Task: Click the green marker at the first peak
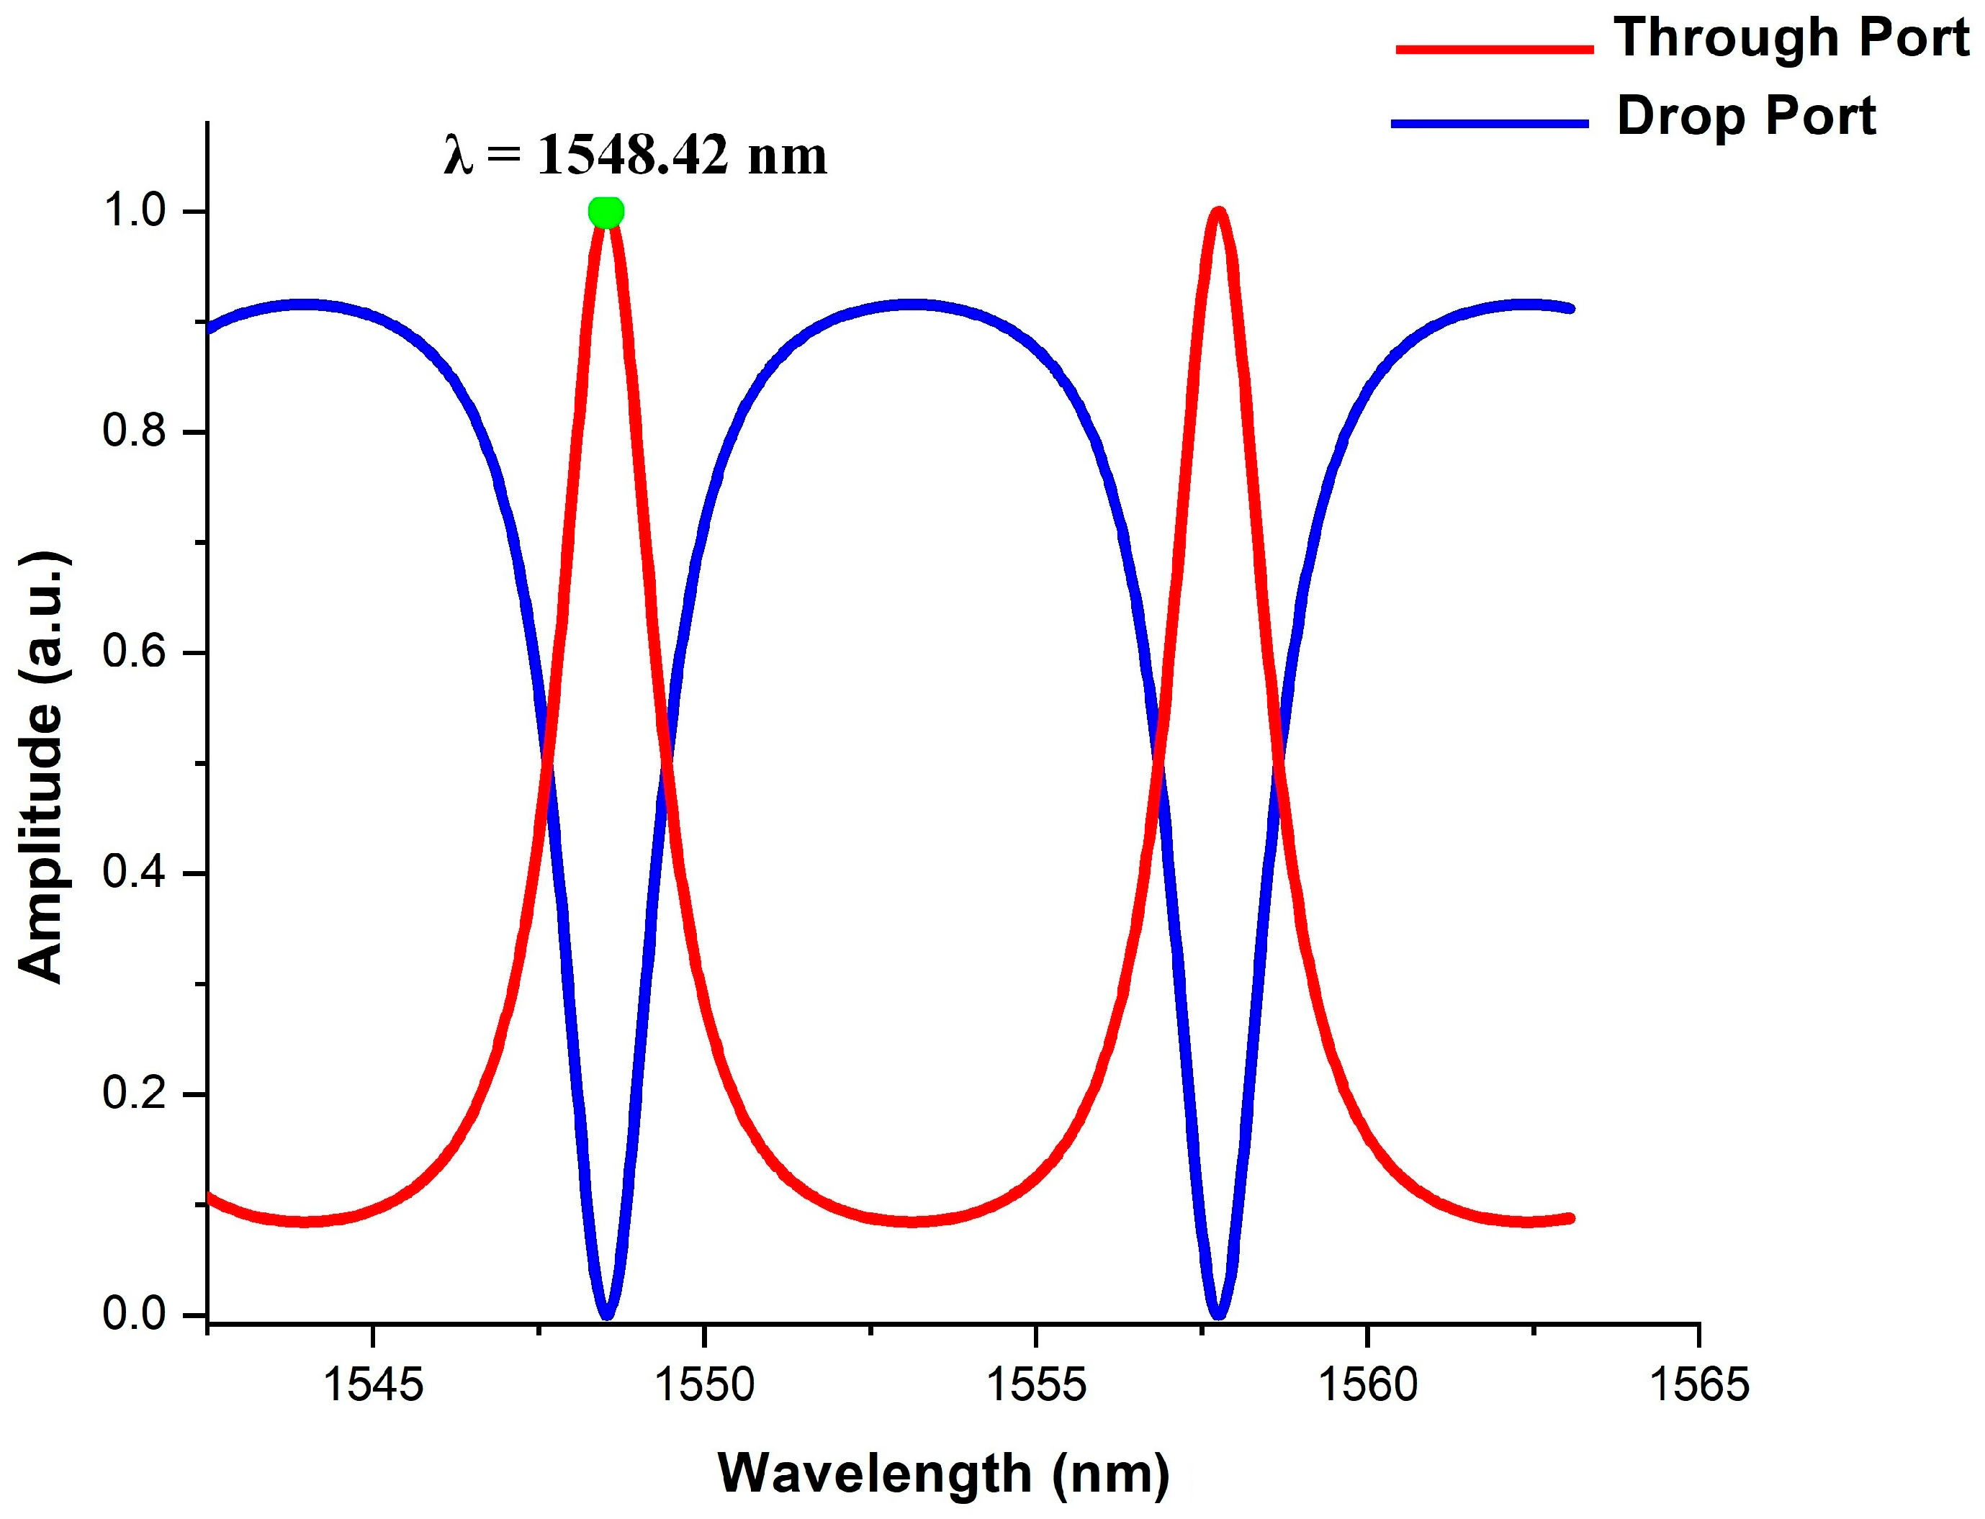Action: tap(606, 212)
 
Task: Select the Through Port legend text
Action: tap(1791, 38)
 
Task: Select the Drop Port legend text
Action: tap(1746, 117)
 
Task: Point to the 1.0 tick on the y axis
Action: tap(135, 212)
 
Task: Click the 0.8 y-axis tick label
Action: tap(135, 431)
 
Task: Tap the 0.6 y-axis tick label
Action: tap(135, 652)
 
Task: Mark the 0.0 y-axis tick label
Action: tap(135, 1314)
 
